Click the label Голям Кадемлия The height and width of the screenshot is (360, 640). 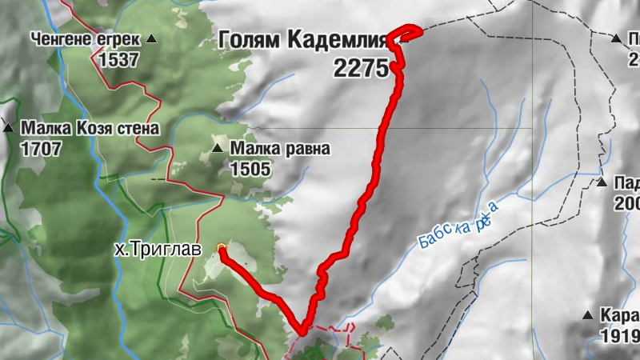tap(302, 39)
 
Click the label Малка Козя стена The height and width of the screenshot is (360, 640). tap(90, 127)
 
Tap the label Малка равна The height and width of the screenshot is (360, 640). tap(279, 148)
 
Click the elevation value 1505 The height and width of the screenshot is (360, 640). tap(250, 169)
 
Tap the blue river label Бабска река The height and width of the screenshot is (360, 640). tap(458, 226)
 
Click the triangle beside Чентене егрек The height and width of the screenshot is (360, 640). tap(151, 38)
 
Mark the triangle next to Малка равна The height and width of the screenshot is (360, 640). tap(217, 148)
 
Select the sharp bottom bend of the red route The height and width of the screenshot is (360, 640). tap(302, 330)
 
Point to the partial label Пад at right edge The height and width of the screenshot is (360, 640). tap(626, 183)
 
